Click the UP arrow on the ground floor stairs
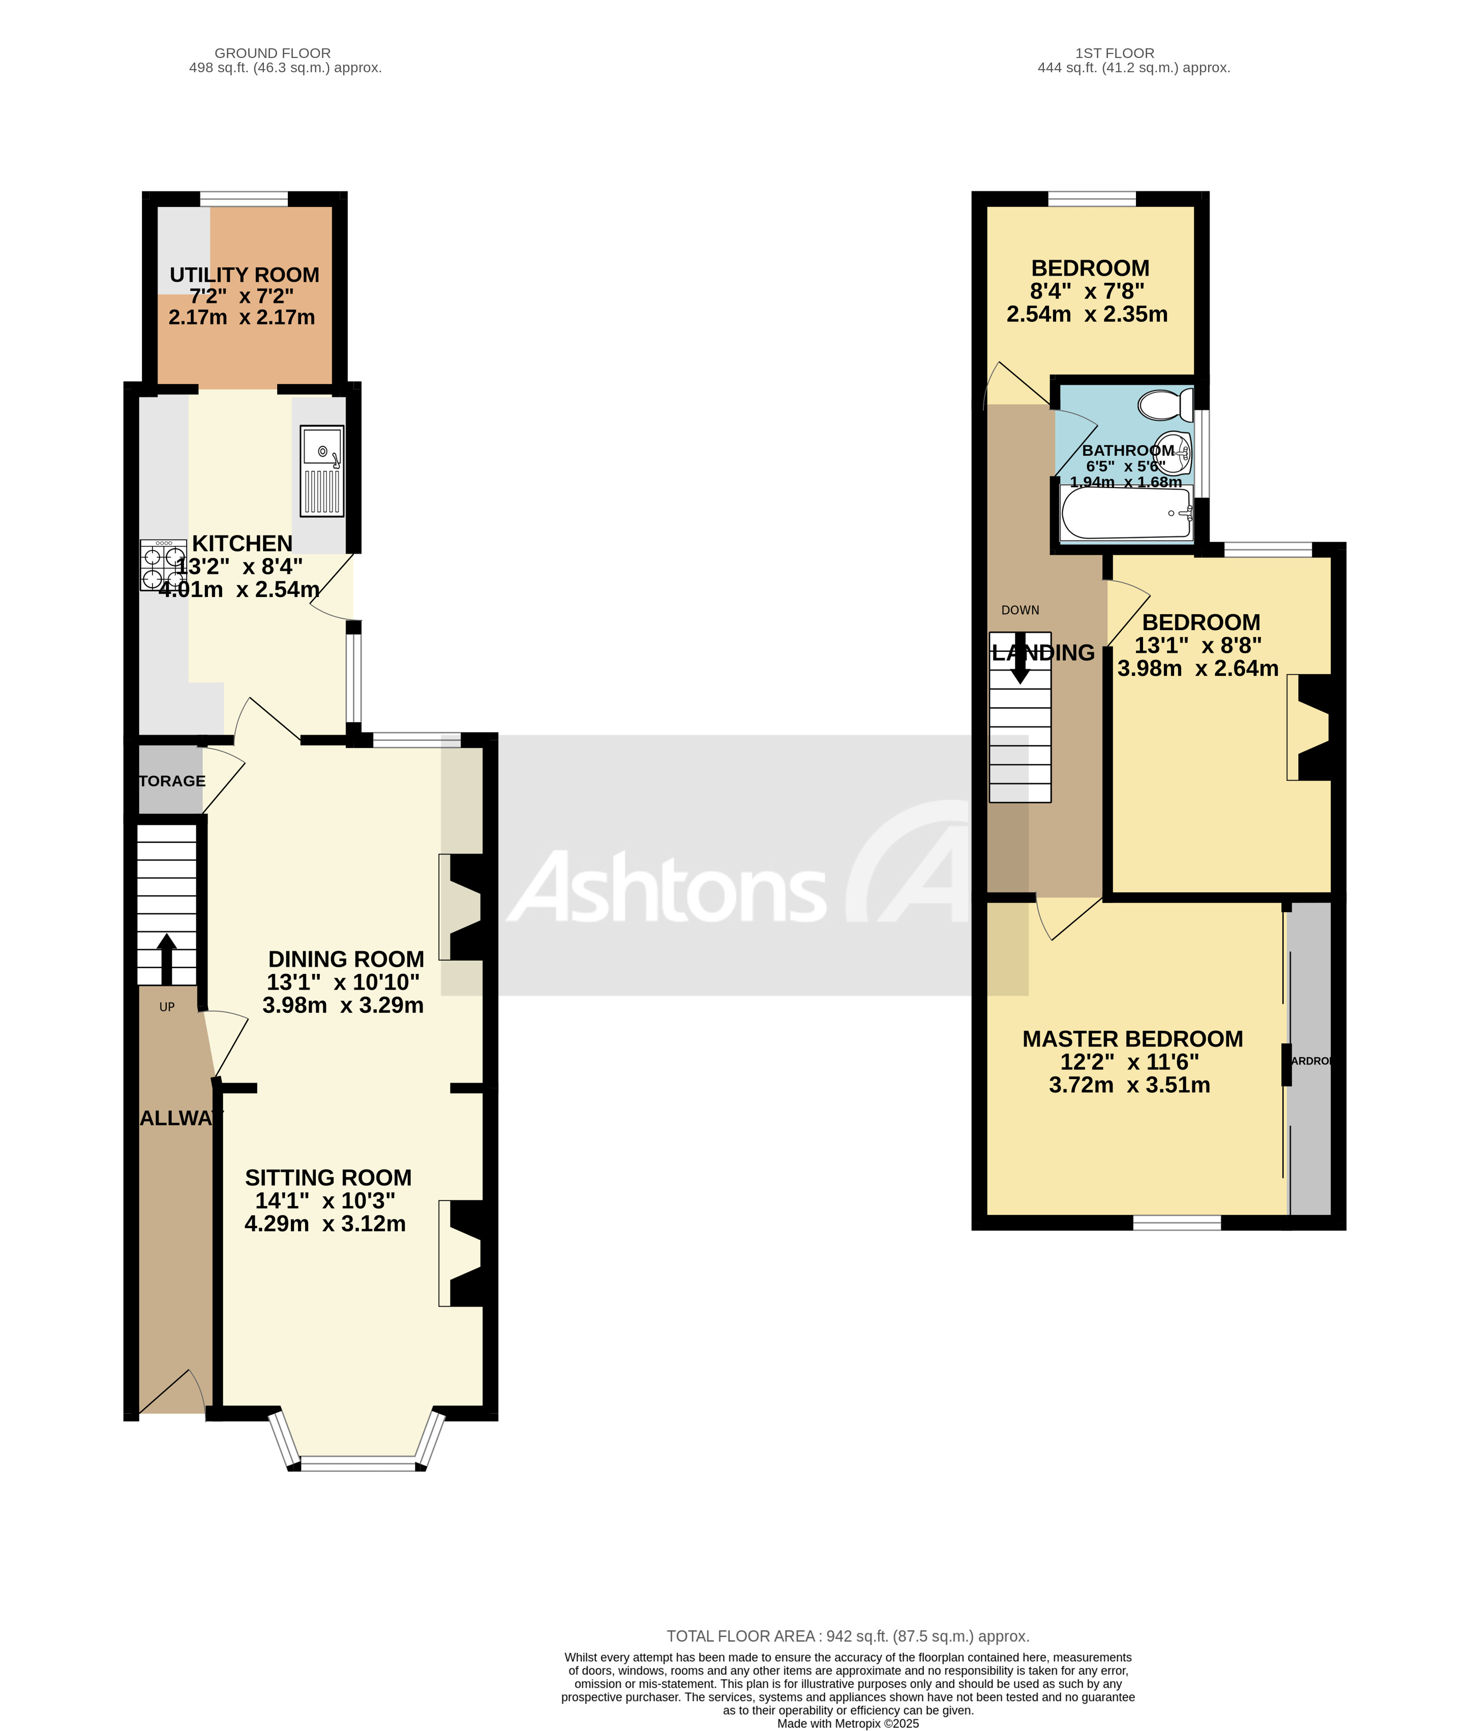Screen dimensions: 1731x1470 point(167,959)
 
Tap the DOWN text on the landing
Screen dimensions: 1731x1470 point(1020,610)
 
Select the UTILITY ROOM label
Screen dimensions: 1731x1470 point(244,275)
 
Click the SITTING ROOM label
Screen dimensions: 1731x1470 point(328,1178)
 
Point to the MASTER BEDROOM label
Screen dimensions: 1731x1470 point(1132,1039)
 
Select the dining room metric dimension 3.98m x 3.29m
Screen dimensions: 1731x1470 point(343,1005)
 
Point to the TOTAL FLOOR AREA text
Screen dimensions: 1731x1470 point(848,1636)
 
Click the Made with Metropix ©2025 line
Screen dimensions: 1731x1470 point(848,1723)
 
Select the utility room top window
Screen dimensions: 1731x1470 point(244,198)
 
